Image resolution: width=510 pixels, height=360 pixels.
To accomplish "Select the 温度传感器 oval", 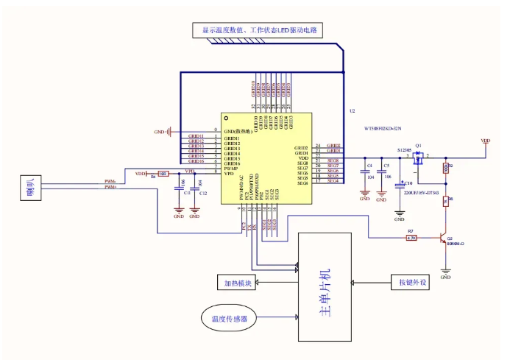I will [x=228, y=319].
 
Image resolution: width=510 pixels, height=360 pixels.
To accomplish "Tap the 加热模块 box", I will [x=238, y=283].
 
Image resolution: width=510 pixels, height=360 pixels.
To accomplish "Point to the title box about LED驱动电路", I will [x=258, y=30].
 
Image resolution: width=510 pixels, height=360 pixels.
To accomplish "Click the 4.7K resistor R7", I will [x=412, y=238].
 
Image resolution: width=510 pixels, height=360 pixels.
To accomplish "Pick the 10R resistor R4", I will [x=163, y=174].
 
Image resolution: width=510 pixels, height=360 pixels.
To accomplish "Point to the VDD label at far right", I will [x=486, y=141].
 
